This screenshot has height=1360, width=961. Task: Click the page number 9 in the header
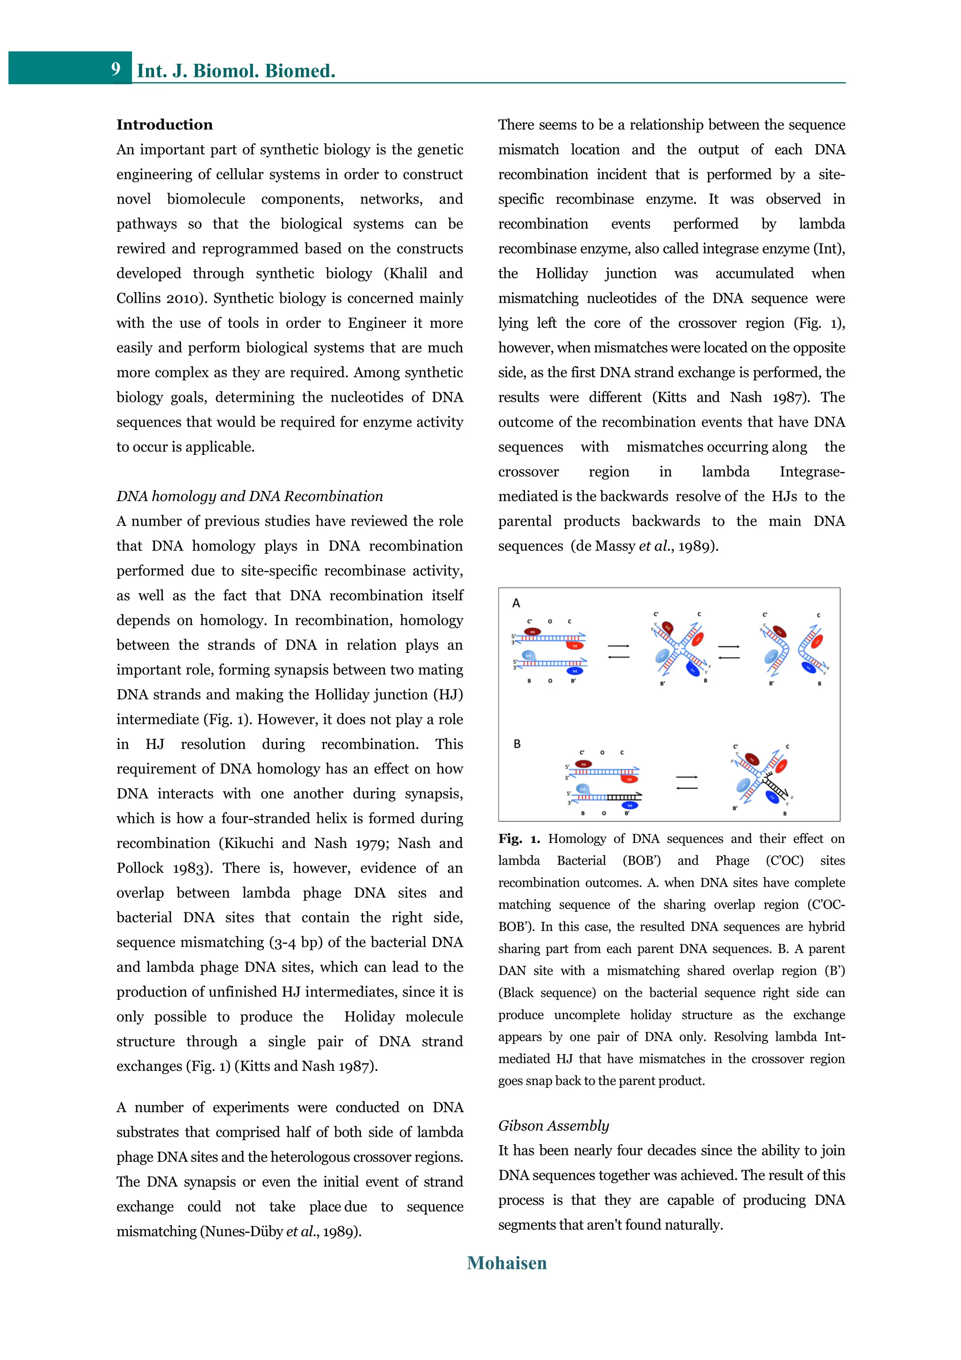pos(115,69)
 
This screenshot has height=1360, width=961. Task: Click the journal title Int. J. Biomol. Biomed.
pos(236,70)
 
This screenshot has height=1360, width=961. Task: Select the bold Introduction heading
pos(164,124)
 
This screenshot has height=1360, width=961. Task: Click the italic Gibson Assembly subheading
pos(553,1125)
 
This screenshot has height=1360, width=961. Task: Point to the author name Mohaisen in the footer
pos(506,1263)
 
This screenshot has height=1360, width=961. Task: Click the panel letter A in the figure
pos(516,603)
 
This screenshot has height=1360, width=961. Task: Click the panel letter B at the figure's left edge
pos(518,744)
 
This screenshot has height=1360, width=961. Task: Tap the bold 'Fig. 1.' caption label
pos(519,839)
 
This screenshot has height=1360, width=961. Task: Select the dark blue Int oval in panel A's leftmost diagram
pos(575,671)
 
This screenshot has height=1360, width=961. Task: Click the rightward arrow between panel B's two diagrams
pos(687,777)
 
